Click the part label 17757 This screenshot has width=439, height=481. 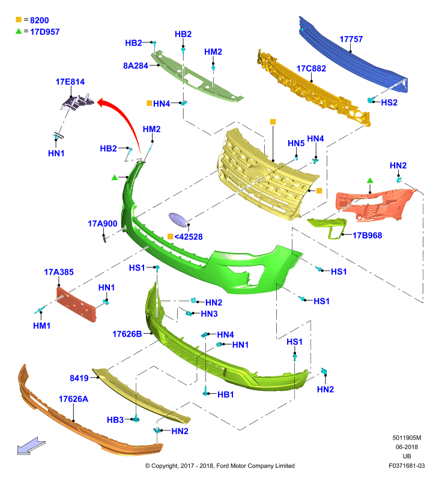point(351,39)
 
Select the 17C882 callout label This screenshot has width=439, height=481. point(311,69)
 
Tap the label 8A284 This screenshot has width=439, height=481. point(135,66)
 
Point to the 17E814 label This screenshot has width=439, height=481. point(70,82)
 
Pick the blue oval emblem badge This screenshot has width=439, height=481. point(179,220)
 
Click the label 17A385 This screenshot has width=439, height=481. point(59,272)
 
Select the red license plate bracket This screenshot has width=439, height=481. point(76,304)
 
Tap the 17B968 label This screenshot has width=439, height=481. point(367,235)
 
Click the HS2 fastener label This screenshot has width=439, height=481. point(389,102)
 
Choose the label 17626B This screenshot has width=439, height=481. point(127,334)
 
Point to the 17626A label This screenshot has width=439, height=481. point(73,399)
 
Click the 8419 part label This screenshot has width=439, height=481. point(79,378)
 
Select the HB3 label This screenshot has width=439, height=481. point(115,420)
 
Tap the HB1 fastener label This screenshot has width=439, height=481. point(225,394)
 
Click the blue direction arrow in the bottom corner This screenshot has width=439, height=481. point(31,446)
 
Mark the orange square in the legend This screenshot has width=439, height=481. point(19,20)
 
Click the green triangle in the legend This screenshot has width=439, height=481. point(19,31)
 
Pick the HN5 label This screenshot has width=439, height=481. point(296,143)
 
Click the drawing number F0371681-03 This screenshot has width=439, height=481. point(407,465)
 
